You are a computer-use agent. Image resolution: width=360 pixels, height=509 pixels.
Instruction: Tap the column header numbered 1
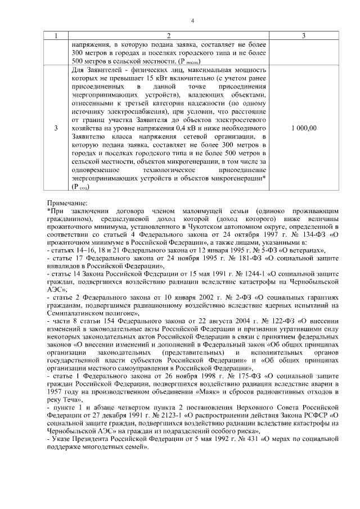pyautogui.click(x=56, y=36)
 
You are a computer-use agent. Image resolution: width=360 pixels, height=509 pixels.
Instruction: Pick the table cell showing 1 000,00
pyautogui.click(x=304, y=128)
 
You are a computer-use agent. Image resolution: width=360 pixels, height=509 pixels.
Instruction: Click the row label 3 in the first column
pyautogui.click(x=56, y=128)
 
